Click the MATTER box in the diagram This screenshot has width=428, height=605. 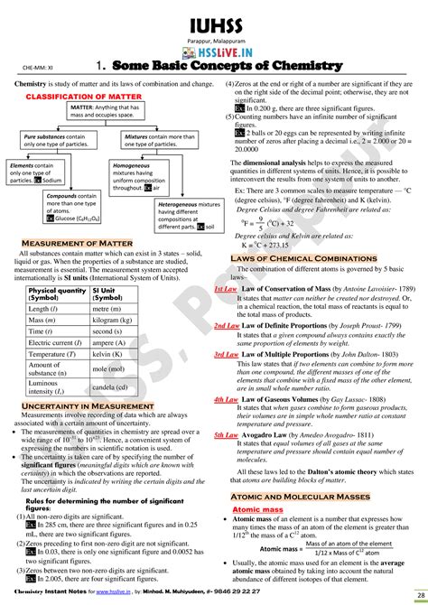(x=107, y=112)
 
